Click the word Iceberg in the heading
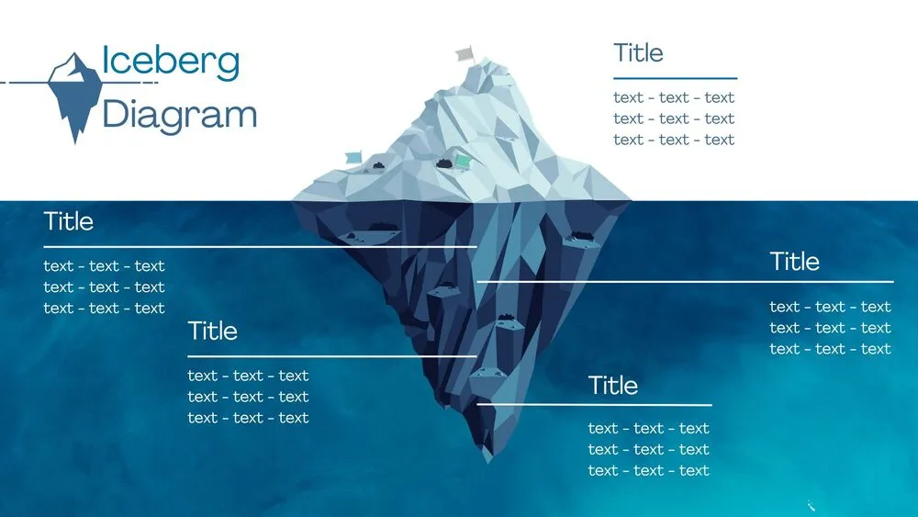171,62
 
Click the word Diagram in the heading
179,116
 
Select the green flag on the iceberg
463,162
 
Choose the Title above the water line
638,53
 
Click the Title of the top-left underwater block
68,221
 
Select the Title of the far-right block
794,262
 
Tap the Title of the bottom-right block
612,386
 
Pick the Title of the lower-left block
212,332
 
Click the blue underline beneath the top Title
675,79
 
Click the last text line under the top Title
674,140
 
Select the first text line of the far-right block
830,307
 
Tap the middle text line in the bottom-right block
648,449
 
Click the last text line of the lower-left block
248,418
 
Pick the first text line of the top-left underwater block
104,266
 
